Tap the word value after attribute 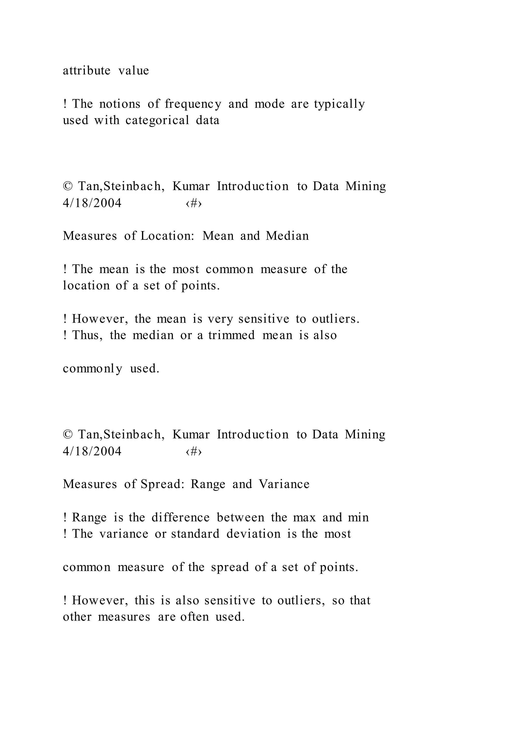tap(134, 71)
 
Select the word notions tap(120, 104)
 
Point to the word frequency tap(193, 104)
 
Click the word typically tap(339, 104)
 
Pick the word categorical tap(157, 121)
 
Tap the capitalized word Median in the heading tap(287, 236)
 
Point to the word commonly tap(92, 369)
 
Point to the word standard tap(195, 534)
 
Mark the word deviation tap(253, 534)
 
